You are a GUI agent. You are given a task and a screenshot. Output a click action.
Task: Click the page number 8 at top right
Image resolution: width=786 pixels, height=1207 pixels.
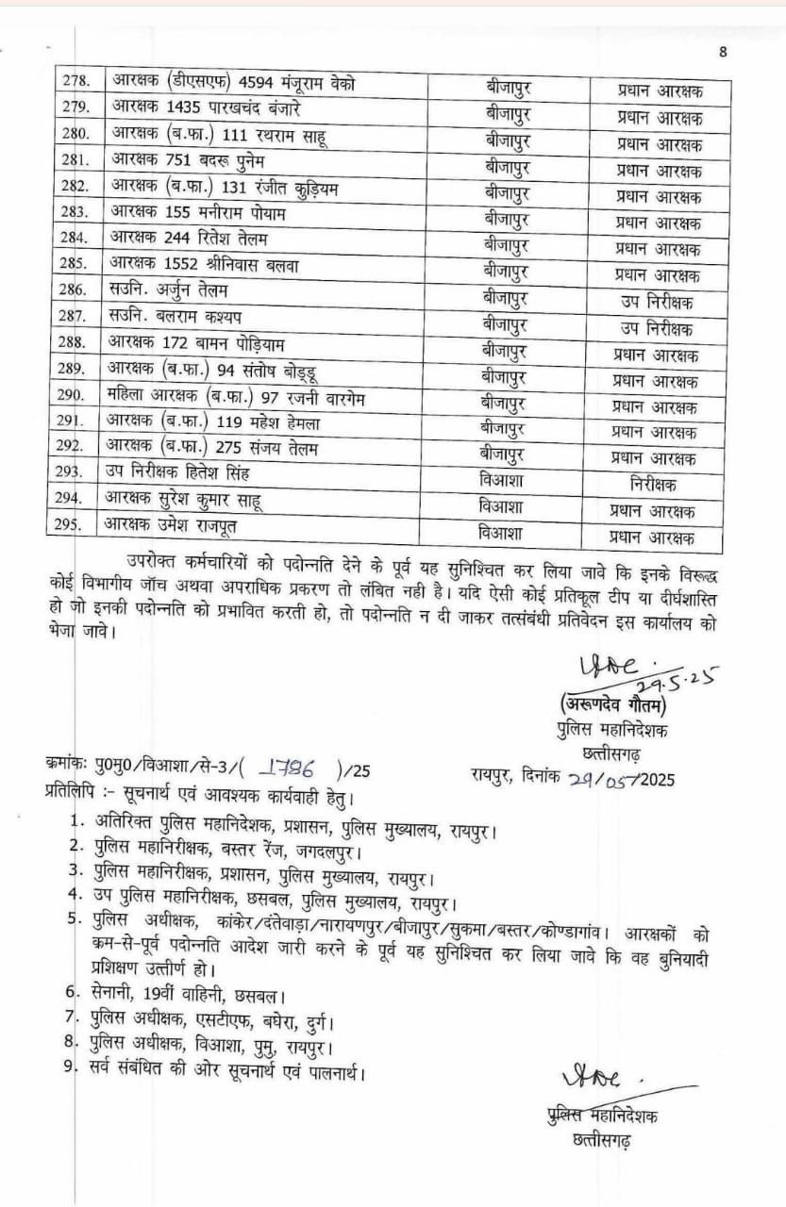[723, 52]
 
